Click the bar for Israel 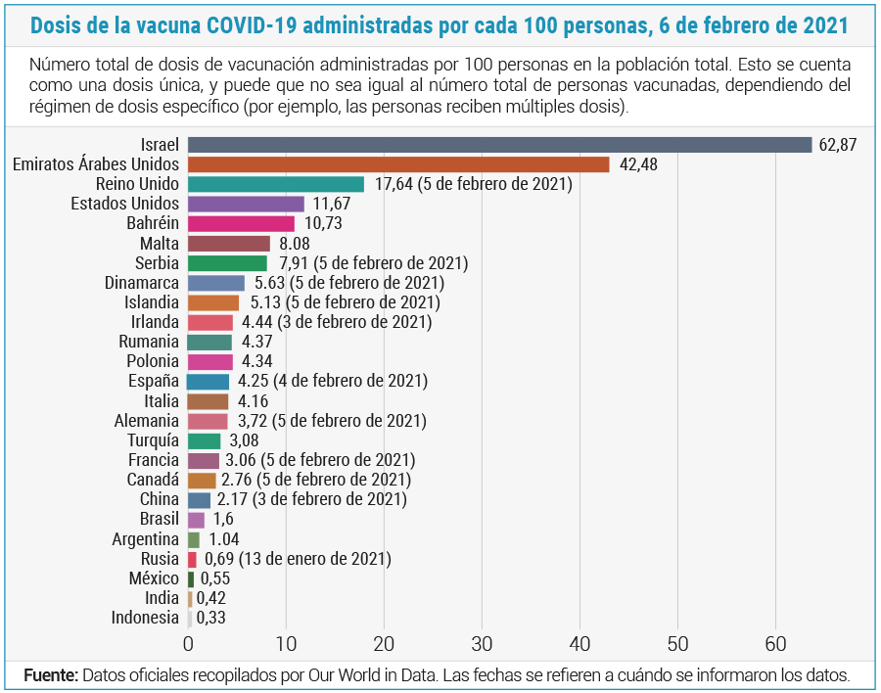click(500, 145)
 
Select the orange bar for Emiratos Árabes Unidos click(398, 164)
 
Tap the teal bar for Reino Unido click(276, 184)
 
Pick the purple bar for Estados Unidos click(246, 204)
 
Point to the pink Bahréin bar click(241, 224)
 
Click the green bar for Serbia click(227, 263)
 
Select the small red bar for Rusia click(192, 559)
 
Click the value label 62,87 click(837, 145)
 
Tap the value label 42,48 click(638, 164)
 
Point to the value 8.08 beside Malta click(295, 244)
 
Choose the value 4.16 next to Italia click(253, 401)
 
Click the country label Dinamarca click(142, 283)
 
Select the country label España click(154, 381)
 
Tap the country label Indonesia click(145, 618)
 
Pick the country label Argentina click(146, 539)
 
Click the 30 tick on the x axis click(482, 644)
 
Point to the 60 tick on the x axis click(776, 644)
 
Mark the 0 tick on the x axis click(188, 644)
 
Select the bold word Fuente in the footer click(50, 675)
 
